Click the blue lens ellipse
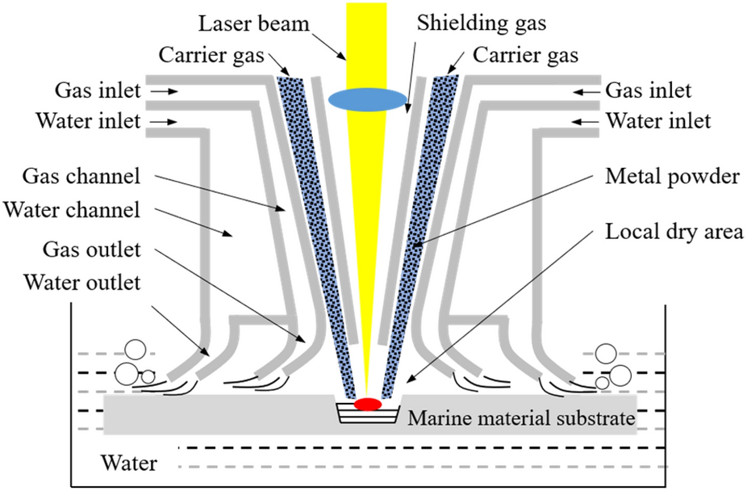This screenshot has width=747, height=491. point(367,99)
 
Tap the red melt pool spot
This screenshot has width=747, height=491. point(367,403)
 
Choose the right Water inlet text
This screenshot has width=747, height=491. point(658,122)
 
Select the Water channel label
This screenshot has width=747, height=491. point(71,211)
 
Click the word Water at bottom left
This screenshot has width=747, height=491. point(128,464)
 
